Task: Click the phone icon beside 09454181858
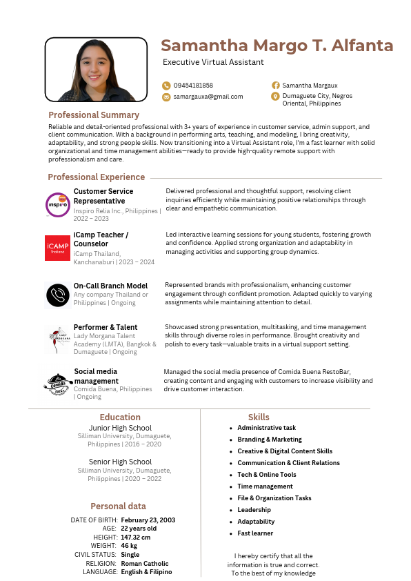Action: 166,86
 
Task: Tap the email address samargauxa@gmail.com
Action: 208,97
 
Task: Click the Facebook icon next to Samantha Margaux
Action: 275,86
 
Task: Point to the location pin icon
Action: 275,97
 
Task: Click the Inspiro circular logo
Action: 57,205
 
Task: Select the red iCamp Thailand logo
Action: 57,248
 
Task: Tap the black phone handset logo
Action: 57,295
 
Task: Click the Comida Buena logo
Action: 57,384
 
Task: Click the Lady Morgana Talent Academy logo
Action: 57,337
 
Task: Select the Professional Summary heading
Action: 94,115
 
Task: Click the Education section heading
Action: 120,417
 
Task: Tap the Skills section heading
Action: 259,417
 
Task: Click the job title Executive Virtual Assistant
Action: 213,62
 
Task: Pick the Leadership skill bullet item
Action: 254,510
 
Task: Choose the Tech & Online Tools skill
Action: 267,475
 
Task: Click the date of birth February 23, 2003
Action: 148,520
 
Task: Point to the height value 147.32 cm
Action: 136,537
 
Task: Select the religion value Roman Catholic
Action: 145,563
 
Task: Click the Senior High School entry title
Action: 120,462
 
